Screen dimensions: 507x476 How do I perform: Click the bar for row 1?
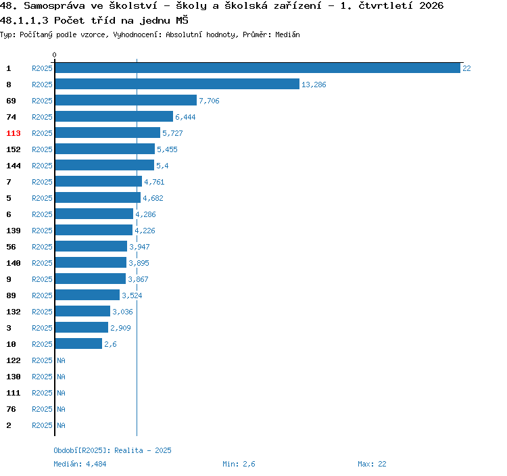coord(258,68)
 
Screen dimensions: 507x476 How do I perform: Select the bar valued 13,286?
coord(177,84)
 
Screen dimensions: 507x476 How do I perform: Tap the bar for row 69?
coord(126,100)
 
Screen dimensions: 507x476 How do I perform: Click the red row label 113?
coord(14,133)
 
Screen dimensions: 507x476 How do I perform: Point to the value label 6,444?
coord(185,117)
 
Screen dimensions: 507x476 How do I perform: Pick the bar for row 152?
coord(105,149)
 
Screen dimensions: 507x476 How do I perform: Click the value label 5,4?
coord(162,166)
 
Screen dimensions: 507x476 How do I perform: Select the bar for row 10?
coord(78,343)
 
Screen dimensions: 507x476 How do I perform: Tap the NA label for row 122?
coord(61,360)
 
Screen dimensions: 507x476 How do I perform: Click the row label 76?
coord(11,409)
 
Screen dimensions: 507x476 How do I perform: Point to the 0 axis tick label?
coord(54,55)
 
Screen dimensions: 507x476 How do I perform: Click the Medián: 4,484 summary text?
coord(80,464)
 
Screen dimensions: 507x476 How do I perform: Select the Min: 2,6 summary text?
coord(239,464)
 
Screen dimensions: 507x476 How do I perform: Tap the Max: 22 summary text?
coord(372,464)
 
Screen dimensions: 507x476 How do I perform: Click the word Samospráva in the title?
coord(54,6)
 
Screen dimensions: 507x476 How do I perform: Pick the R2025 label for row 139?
coord(42,231)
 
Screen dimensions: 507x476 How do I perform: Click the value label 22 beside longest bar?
coord(466,68)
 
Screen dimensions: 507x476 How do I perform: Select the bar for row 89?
coord(87,295)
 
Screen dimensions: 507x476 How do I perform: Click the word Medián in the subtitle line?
coord(287,34)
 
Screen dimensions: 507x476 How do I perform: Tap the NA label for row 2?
coord(61,425)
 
